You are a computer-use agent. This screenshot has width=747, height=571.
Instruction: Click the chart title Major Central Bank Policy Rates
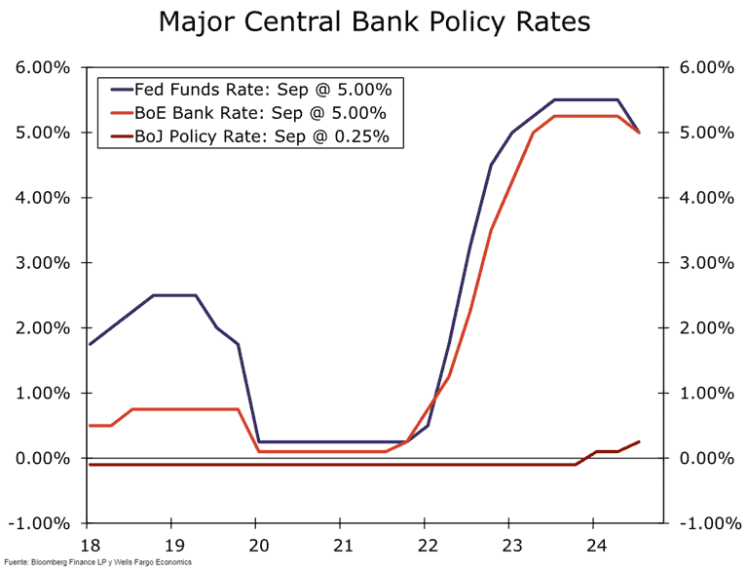click(374, 22)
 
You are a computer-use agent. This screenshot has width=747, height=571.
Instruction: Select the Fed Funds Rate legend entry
click(263, 90)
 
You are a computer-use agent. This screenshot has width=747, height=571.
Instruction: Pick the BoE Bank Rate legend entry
click(263, 113)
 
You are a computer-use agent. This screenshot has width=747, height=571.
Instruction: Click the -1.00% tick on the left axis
click(39, 523)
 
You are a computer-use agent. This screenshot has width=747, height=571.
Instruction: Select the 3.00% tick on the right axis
click(703, 263)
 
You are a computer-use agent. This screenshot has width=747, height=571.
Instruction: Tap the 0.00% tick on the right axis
click(703, 458)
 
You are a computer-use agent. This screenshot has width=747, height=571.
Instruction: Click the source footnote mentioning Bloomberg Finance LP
click(97, 562)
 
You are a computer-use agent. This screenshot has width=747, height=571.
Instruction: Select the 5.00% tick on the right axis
click(703, 133)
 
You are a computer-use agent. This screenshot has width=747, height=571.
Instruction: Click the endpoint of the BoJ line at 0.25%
click(639, 441)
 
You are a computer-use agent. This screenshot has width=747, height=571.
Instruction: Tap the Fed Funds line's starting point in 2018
click(90, 344)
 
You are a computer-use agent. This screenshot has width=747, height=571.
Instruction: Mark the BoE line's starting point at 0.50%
click(90, 425)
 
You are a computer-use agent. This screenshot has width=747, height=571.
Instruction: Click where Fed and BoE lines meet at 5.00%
click(639, 133)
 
